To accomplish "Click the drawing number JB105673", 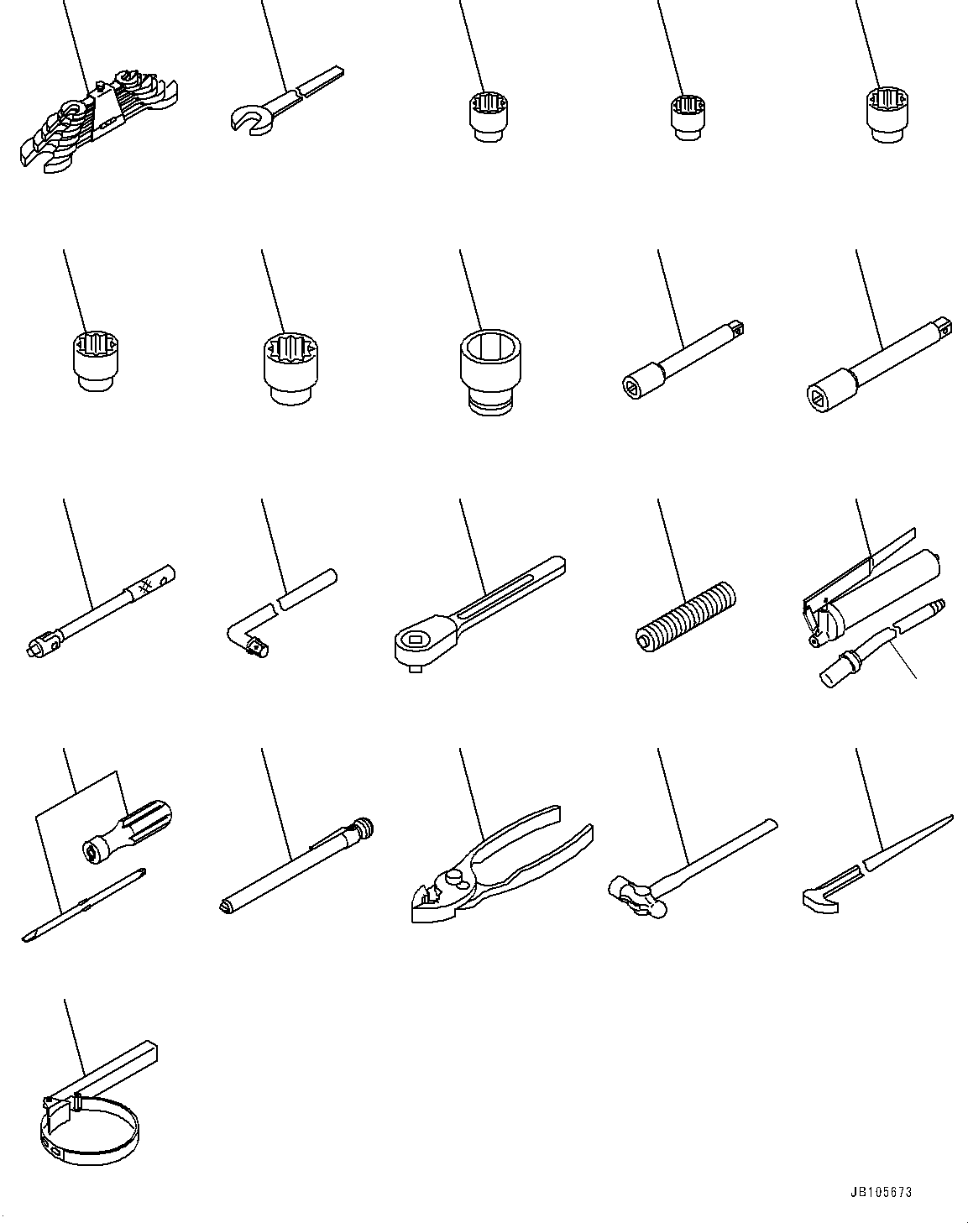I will [880, 1192].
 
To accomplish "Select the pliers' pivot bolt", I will [454, 878].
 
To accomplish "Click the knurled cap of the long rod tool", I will [363, 828].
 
